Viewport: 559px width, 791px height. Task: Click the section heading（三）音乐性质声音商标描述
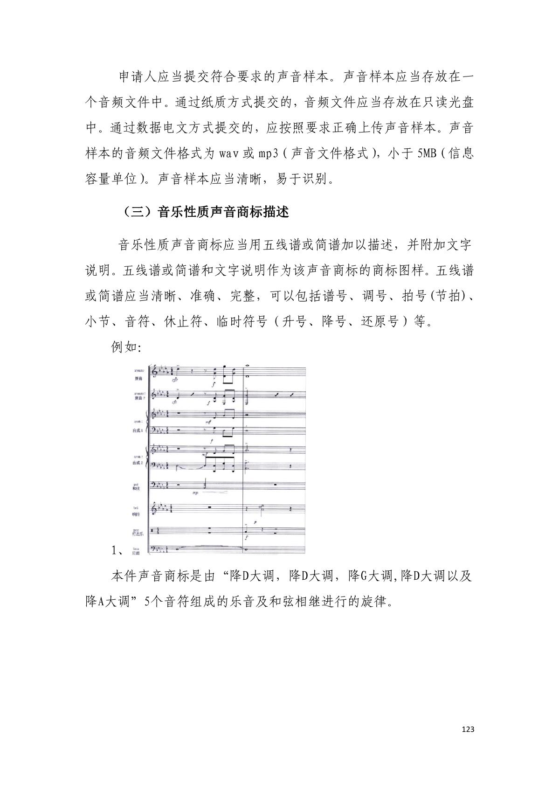point(206,212)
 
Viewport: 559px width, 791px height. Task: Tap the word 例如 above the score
point(123,347)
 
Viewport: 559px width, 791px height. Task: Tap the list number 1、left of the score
point(117,550)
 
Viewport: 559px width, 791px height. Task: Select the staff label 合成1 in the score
point(137,431)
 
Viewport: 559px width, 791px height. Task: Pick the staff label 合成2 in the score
point(137,463)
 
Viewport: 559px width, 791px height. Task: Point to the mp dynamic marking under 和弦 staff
point(195,493)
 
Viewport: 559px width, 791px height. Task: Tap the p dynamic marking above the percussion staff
point(255,523)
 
